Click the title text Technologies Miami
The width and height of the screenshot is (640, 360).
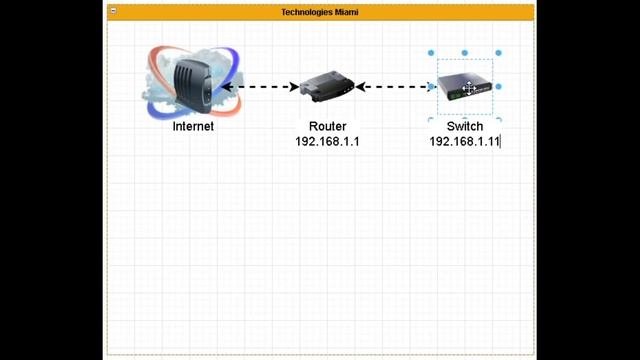click(x=319, y=12)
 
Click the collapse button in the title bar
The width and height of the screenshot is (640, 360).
click(x=114, y=12)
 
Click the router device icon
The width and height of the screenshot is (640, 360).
click(x=327, y=86)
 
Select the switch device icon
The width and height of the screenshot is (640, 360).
click(x=465, y=87)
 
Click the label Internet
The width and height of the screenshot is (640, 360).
click(x=193, y=127)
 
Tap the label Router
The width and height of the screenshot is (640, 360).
click(x=327, y=127)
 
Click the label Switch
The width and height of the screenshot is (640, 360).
click(x=464, y=127)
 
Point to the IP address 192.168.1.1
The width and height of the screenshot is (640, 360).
click(x=327, y=142)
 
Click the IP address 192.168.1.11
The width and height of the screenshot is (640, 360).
click(x=464, y=142)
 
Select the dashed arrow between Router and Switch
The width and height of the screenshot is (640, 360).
click(x=395, y=87)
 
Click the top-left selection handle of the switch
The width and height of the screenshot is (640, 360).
click(x=431, y=53)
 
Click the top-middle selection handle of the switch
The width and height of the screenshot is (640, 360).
click(x=465, y=53)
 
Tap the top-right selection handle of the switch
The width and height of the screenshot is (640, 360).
click(x=498, y=53)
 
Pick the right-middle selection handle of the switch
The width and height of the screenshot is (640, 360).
click(x=498, y=87)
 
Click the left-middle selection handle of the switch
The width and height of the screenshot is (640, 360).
click(x=431, y=87)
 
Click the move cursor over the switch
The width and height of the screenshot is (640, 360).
click(x=468, y=89)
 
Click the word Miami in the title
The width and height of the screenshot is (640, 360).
click(x=345, y=12)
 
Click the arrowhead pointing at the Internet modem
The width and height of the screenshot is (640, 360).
click(x=227, y=87)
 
